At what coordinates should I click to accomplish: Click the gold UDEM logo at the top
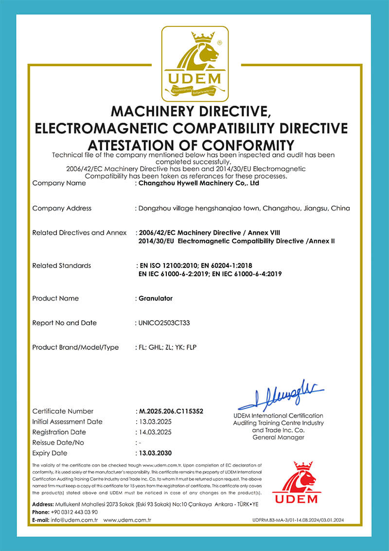[194, 63]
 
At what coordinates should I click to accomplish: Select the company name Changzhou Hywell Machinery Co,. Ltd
[198, 183]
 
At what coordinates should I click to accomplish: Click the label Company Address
[62, 208]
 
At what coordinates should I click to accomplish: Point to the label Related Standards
[61, 266]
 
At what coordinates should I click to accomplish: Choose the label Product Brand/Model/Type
[75, 347]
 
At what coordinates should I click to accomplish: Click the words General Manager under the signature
[278, 437]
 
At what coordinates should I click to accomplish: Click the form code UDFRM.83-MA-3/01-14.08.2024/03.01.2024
[298, 521]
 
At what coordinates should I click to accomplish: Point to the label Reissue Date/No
[58, 442]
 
